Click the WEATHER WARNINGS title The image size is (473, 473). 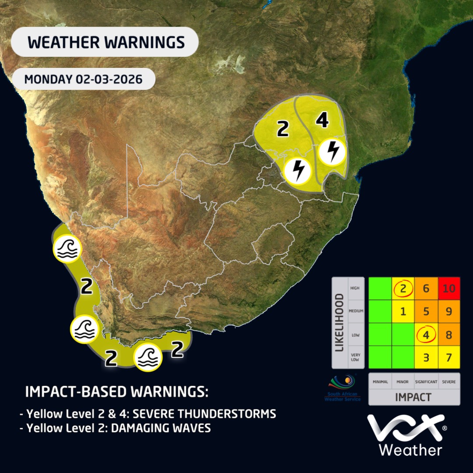point(106,42)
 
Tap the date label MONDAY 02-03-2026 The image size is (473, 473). point(83,80)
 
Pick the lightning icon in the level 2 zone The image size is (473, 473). point(298,170)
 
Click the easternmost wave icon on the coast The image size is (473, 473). point(148,357)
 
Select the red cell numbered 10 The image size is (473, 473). point(448,289)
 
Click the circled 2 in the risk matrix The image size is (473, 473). point(403,289)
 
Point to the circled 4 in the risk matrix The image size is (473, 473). point(426,335)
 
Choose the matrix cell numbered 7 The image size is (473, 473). point(448,357)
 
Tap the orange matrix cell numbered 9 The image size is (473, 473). point(448,312)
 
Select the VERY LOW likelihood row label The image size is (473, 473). point(356,357)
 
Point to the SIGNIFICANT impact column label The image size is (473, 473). point(426,382)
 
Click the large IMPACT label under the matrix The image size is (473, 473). point(413,397)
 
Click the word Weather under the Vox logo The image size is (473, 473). point(410,450)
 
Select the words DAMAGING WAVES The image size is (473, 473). point(161,428)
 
